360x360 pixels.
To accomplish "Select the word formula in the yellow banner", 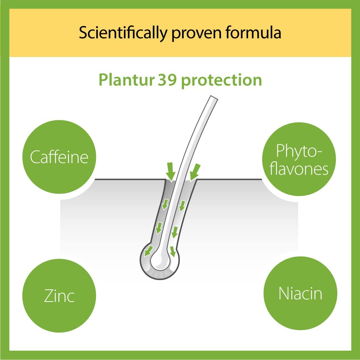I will [x=257, y=33].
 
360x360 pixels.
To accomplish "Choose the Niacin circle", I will [x=300, y=294].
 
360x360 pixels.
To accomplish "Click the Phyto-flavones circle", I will [x=299, y=160].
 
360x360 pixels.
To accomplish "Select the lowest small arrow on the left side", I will [x=149, y=250].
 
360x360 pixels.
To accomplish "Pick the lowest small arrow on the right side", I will [x=173, y=251].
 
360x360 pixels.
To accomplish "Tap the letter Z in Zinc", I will [x=49, y=296].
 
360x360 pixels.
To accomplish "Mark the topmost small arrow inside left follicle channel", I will [x=165, y=204].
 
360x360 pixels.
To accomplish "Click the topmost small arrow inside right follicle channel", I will [x=182, y=206].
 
